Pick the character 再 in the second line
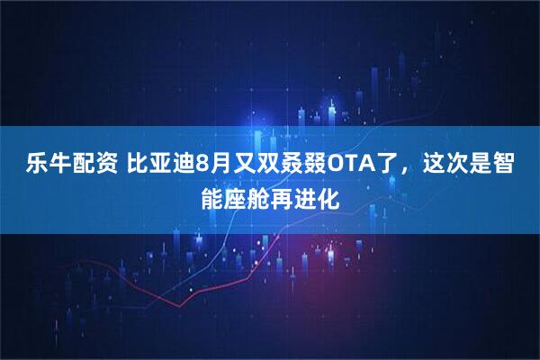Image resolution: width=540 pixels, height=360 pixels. pyautogui.click(x=281, y=196)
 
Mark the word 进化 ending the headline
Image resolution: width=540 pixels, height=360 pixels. pyautogui.click(x=315, y=196)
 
